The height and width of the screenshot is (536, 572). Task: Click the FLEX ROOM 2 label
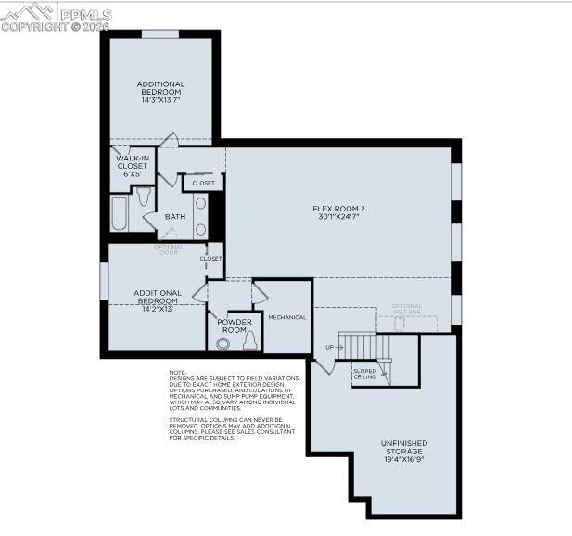(338, 209)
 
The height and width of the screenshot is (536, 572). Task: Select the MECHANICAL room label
(286, 317)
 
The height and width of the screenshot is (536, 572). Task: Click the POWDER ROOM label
(234, 325)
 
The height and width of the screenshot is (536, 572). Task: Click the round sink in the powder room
(222, 343)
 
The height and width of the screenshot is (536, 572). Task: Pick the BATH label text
(175, 217)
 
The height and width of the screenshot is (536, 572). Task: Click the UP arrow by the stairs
(329, 348)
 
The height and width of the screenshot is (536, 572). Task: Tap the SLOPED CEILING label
(364, 374)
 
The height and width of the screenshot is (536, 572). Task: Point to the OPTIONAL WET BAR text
(406, 309)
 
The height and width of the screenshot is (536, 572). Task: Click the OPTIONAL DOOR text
(169, 249)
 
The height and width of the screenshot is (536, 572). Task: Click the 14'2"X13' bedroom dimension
(157, 308)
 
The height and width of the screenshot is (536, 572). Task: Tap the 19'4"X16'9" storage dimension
(404, 459)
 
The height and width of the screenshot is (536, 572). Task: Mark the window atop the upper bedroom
(159, 34)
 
